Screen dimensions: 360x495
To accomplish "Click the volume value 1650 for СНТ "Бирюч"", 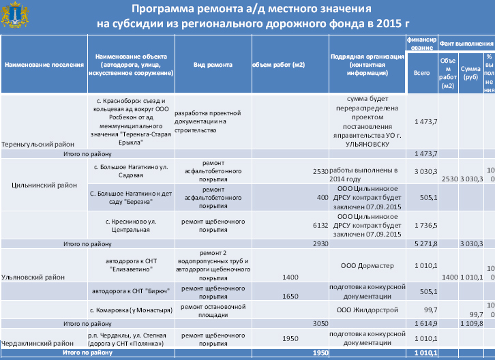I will point(291,297).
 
